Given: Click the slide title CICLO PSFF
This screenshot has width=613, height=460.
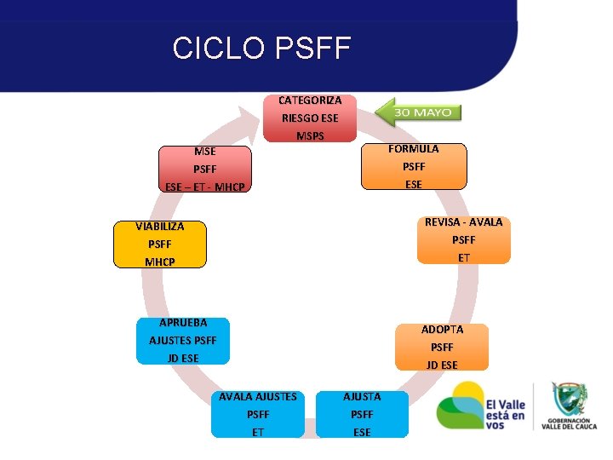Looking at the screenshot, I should coord(261,49).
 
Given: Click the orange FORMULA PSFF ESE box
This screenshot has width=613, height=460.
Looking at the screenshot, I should coord(414,166).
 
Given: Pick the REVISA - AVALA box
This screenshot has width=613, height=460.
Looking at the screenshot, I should coord(463,239).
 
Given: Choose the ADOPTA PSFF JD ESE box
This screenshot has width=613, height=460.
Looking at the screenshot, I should coord(442,347).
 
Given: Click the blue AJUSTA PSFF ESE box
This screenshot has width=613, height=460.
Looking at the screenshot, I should coord(362,414).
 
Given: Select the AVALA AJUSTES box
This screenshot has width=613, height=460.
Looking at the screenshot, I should coord(257,414).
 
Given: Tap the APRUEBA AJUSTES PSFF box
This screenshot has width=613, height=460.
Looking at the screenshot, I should coord(183,341).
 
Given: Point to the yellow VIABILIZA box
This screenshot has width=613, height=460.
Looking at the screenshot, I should coord(160,244).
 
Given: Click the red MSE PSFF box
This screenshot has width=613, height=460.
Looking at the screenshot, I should coord(204,169).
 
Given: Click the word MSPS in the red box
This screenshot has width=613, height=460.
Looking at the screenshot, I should coord(310,135).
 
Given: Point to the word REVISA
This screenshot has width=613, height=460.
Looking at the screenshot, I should coord(441,222).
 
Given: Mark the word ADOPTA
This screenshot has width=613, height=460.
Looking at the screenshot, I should coord(442,330).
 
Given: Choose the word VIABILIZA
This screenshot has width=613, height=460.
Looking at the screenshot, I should coord(159,227).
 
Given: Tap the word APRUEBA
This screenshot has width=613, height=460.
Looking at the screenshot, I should coord(183,323).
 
